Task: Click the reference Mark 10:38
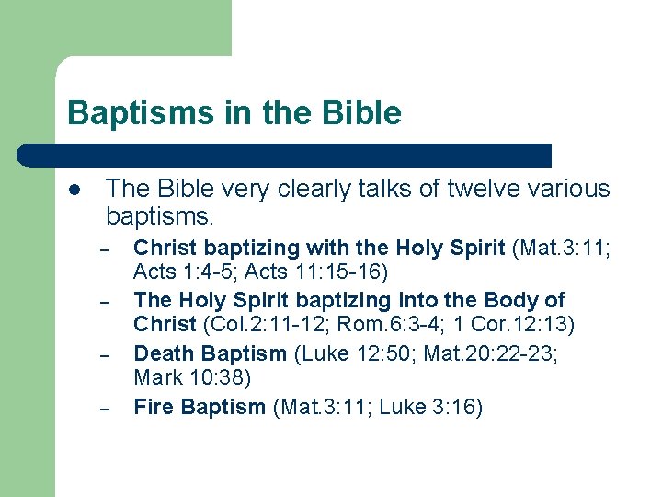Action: [x=192, y=377]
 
